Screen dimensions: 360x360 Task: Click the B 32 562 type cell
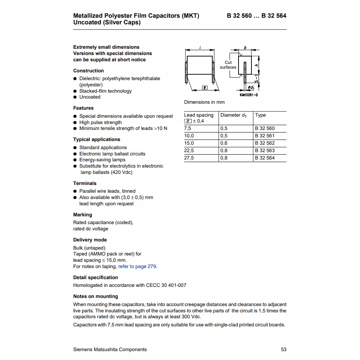265,143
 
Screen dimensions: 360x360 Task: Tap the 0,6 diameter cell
224,143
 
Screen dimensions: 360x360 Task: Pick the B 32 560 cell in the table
265,128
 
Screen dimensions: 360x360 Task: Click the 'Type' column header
260,115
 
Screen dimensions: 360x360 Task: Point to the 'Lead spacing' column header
199,115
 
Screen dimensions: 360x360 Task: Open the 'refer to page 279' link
137,267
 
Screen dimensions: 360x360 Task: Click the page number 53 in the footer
284,350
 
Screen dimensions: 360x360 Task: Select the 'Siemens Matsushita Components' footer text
110,350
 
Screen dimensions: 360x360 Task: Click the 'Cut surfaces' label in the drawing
228,65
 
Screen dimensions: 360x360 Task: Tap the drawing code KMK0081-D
249,95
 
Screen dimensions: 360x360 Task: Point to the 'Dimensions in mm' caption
204,102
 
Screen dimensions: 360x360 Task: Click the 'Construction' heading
89,71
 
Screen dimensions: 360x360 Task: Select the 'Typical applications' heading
97,140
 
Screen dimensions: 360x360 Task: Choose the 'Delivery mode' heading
90,240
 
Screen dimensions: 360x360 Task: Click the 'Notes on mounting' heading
96,296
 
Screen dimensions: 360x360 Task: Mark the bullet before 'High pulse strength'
75,123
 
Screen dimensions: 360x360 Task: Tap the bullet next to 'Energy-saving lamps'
75,160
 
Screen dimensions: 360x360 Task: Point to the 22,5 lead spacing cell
189,151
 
